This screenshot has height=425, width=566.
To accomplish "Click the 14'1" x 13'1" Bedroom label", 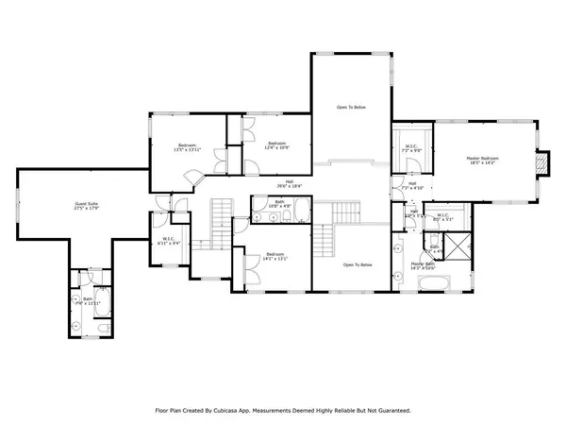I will tap(275, 257).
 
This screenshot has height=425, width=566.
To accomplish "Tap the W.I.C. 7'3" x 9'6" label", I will tap(412, 149).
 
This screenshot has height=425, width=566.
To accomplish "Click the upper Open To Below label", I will tap(351, 108).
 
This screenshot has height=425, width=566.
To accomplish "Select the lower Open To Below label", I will tap(358, 264).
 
